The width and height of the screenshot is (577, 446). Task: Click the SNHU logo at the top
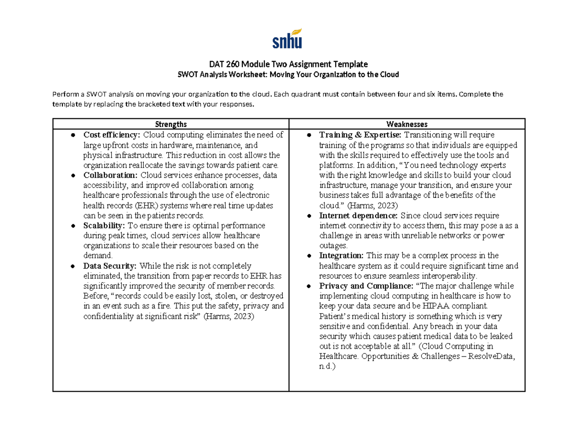pos(288,39)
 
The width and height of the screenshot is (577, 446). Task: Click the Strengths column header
pos(171,124)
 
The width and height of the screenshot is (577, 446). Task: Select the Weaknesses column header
pos(406,124)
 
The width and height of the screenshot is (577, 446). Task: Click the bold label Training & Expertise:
pos(361,135)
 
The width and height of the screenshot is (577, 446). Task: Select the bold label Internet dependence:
pos(359,215)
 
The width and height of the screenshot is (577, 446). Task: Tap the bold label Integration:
pos(341,255)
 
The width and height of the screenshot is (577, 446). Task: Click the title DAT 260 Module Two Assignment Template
pos(288,64)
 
